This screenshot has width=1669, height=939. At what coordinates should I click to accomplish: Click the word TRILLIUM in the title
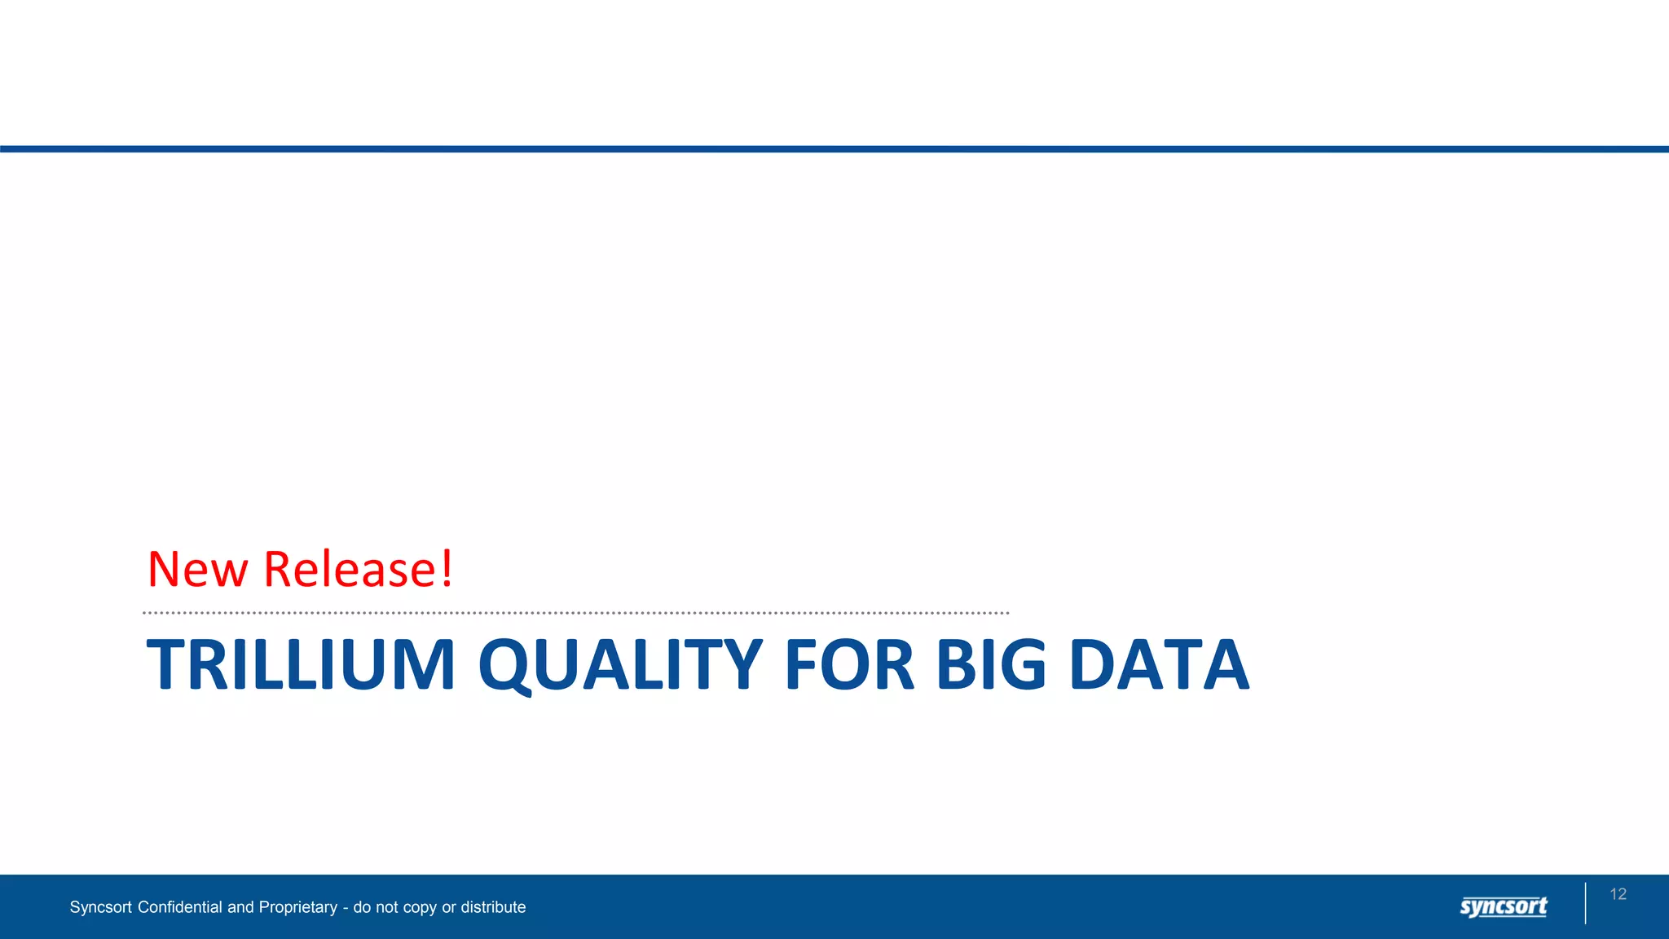(x=300, y=664)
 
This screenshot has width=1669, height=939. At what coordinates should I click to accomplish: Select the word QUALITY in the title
(x=620, y=664)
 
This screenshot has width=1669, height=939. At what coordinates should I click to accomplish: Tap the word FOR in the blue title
(x=849, y=664)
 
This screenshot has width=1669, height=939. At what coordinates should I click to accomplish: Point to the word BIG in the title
(x=990, y=664)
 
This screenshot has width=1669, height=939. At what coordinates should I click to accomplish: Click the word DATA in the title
(x=1158, y=664)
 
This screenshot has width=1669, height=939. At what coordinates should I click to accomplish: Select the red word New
(x=197, y=569)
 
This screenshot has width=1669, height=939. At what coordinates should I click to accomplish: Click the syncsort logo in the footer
(x=1504, y=906)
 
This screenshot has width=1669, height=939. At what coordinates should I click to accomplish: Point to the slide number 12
(x=1618, y=894)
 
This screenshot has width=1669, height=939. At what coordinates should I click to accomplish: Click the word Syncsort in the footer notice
(x=100, y=907)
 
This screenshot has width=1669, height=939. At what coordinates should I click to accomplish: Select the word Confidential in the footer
(x=180, y=907)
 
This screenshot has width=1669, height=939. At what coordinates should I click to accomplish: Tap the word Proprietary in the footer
(x=297, y=907)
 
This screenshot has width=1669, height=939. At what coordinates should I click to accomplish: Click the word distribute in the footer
(x=493, y=907)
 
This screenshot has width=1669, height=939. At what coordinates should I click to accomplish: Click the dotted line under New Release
(x=575, y=613)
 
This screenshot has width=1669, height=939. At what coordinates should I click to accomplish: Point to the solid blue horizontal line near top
(x=834, y=149)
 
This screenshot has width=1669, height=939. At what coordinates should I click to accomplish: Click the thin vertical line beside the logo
(x=1586, y=903)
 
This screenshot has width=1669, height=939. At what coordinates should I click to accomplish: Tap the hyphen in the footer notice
(x=346, y=908)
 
